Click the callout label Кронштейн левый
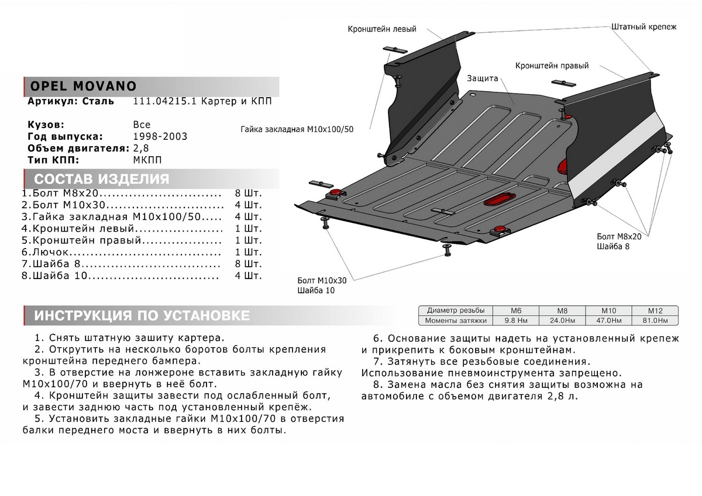[x=382, y=28]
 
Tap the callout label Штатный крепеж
[x=643, y=27]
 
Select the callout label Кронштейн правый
[x=552, y=66]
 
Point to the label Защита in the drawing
[x=482, y=78]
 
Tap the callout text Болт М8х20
[x=619, y=236]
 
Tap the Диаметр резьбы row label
[x=456, y=311]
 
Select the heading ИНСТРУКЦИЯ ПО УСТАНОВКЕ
[x=142, y=316]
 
